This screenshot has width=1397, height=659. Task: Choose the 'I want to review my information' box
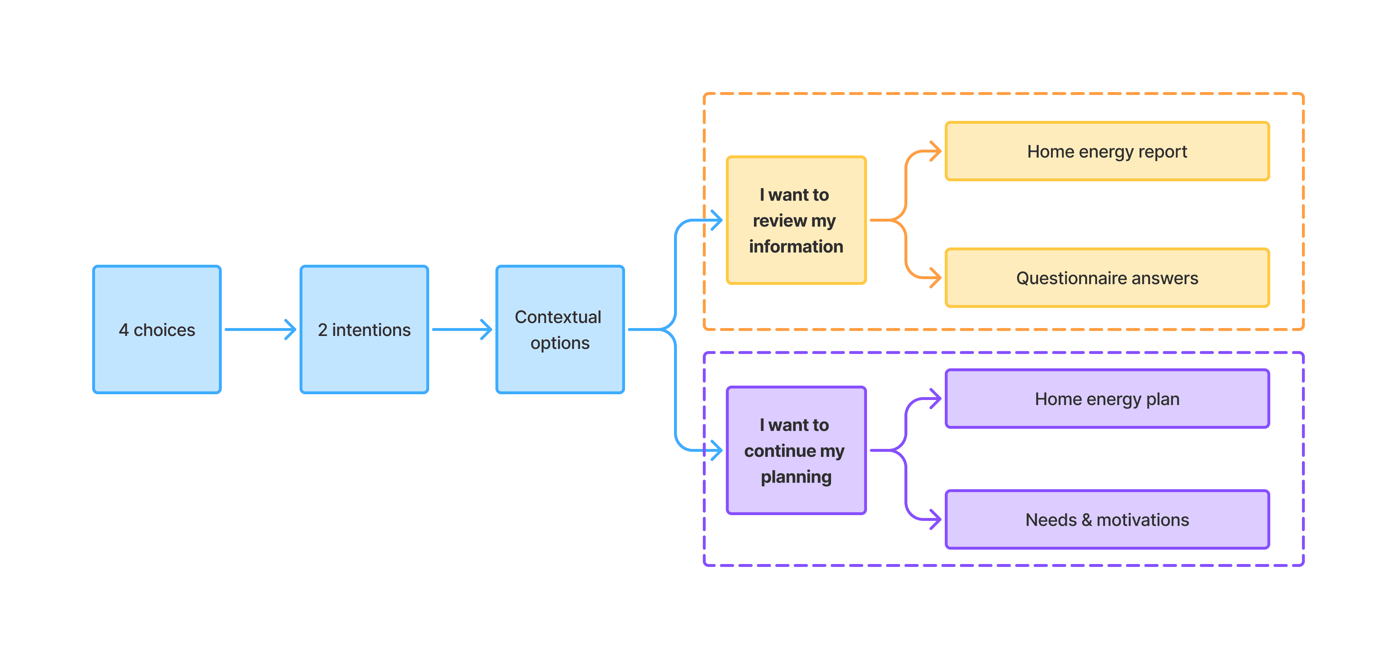(796, 220)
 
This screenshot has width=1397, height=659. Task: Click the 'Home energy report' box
(1107, 151)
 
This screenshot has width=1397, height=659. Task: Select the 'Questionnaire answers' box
(1107, 277)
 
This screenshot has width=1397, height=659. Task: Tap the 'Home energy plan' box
(1107, 399)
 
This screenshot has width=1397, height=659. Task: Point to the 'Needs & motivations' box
(1107, 520)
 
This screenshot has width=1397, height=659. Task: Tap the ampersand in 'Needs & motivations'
(1086, 520)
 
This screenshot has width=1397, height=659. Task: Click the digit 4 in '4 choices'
(123, 329)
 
